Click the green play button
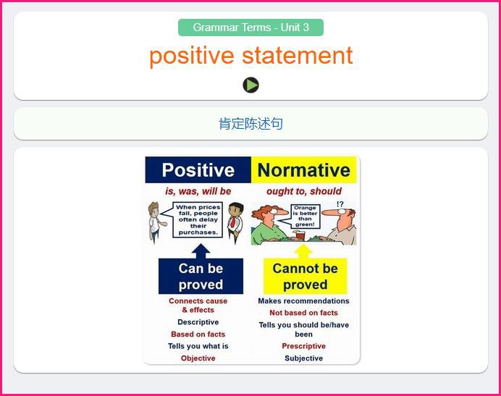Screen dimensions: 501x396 (250, 85)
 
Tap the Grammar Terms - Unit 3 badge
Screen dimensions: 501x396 (250, 28)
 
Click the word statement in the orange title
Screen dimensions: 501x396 (297, 56)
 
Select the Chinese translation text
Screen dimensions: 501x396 (250, 124)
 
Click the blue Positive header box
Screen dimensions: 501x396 (198, 169)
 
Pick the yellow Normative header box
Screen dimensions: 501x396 (303, 169)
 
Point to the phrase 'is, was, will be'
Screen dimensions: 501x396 (198, 191)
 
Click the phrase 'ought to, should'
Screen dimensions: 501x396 (304, 191)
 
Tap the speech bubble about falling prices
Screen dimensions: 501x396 (198, 220)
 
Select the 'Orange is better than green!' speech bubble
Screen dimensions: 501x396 (305, 216)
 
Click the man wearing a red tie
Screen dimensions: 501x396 (235, 222)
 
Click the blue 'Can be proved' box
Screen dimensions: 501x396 (201, 276)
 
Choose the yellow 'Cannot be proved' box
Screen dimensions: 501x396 (305, 276)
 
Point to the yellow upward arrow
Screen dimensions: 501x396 (303, 252)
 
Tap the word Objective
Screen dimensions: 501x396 (198, 358)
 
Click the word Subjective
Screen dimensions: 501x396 (303, 358)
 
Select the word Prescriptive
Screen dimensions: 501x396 (303, 346)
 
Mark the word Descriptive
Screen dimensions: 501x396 (198, 322)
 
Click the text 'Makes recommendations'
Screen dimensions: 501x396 (303, 301)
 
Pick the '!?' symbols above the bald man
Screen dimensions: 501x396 (340, 204)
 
